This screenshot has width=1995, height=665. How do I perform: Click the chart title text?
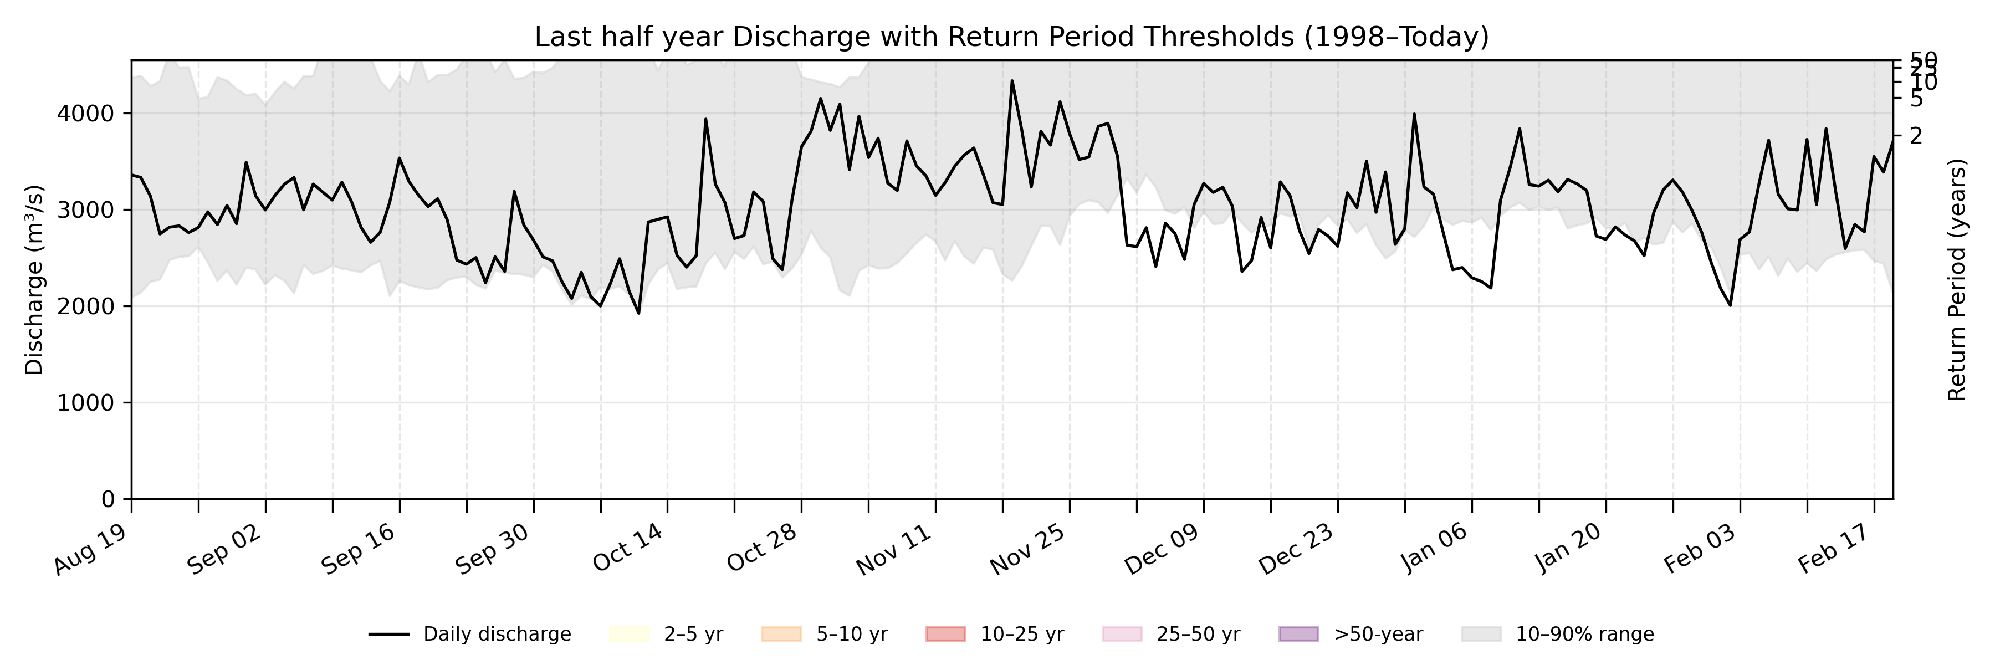pyautogui.click(x=1011, y=37)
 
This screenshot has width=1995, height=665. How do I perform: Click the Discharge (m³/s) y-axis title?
pyautogui.click(x=34, y=279)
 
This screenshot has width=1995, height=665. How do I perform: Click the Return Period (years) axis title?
pyautogui.click(x=1957, y=279)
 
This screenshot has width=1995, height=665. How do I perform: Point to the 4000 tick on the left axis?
pyautogui.click(x=85, y=114)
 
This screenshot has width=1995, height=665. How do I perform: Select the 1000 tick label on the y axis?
pyautogui.click(x=85, y=402)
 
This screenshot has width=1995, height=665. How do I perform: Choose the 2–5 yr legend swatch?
pyautogui.click(x=629, y=634)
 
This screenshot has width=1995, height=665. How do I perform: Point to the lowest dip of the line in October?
pyautogui.click(x=638, y=313)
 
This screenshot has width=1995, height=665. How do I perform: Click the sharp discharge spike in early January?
pyautogui.click(x=1414, y=115)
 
